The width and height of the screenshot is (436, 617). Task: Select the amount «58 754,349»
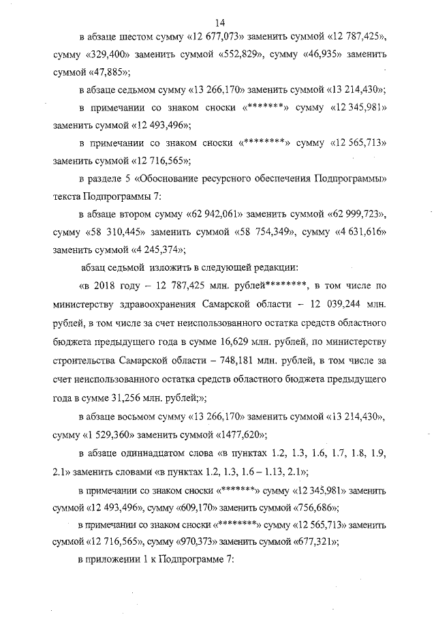[261, 232]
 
